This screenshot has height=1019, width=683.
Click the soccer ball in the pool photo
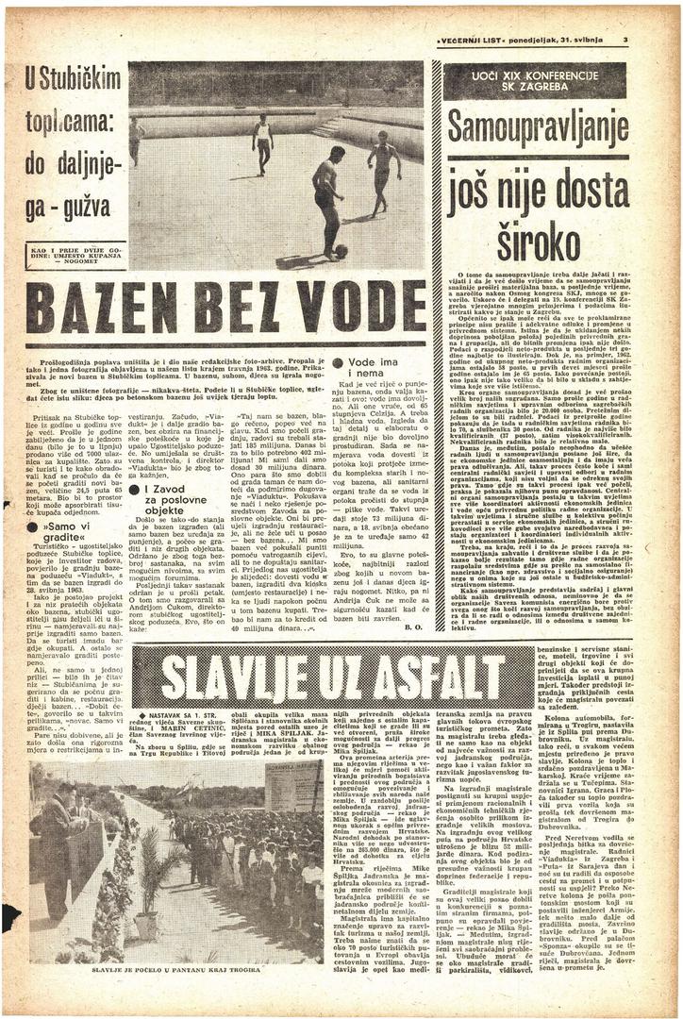tap(340, 251)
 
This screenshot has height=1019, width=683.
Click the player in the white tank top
tap(263, 142)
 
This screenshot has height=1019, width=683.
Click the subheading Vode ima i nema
tap(372, 369)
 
